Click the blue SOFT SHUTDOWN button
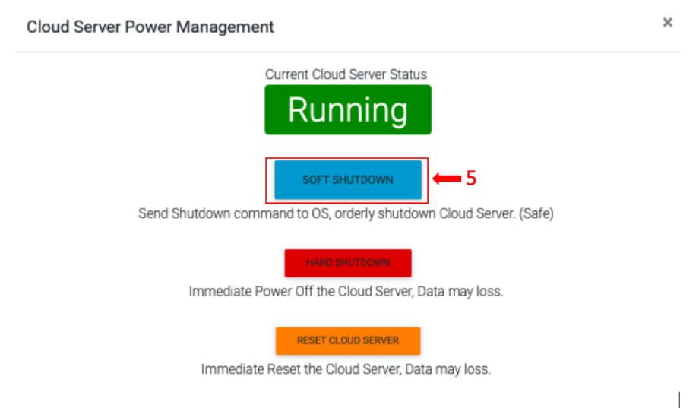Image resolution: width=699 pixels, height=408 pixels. (347, 180)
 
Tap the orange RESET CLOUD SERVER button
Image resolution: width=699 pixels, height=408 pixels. (347, 340)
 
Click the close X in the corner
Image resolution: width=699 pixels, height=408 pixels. (667, 23)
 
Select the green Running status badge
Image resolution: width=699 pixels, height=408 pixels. (347, 110)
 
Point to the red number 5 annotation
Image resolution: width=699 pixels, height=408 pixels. (471, 179)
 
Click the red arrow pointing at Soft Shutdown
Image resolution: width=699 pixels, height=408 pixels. (448, 179)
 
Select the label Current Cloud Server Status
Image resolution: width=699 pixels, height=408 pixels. (346, 74)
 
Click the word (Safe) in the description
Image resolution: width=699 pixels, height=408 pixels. (535, 213)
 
